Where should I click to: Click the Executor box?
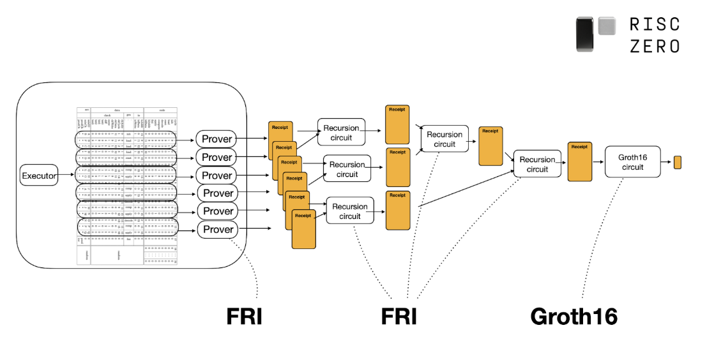tap(39, 175)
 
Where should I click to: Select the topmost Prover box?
tap(217, 139)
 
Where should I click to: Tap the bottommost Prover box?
tap(217, 229)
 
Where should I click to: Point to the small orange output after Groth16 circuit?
tap(678, 162)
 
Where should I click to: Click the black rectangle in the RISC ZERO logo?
tap(586, 34)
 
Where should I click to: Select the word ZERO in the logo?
tap(655, 46)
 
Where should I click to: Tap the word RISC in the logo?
tap(655, 24)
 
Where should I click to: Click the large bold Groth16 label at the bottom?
tap(573, 316)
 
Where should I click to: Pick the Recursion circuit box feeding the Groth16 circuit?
tap(537, 165)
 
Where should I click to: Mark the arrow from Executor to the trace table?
tap(66, 175)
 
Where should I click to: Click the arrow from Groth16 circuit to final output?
tap(665, 162)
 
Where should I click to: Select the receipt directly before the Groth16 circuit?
tap(579, 162)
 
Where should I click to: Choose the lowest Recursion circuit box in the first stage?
tap(349, 211)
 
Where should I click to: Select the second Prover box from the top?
tap(217, 157)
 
